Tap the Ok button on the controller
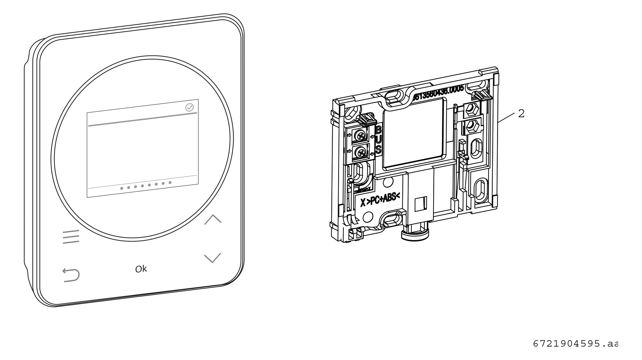click(141, 269)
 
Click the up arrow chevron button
click(213, 219)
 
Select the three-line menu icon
click(71, 237)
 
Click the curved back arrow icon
click(71, 275)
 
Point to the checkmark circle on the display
click(189, 108)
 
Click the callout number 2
click(521, 114)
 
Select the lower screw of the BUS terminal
click(360, 152)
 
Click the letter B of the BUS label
click(378, 130)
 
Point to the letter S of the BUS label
click(378, 150)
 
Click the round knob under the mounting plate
click(415, 234)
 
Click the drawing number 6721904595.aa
click(575, 344)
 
